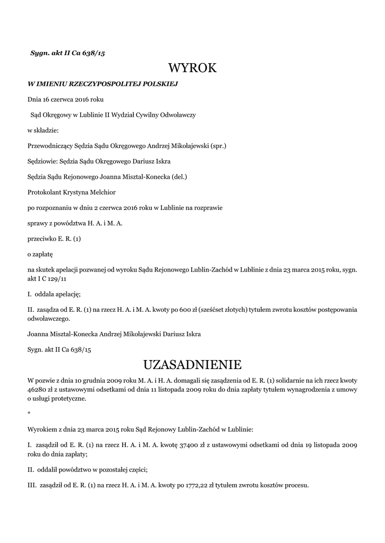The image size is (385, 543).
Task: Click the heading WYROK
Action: (192, 68)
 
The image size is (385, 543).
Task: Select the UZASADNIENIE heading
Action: (192, 365)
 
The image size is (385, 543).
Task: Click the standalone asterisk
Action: (29, 413)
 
